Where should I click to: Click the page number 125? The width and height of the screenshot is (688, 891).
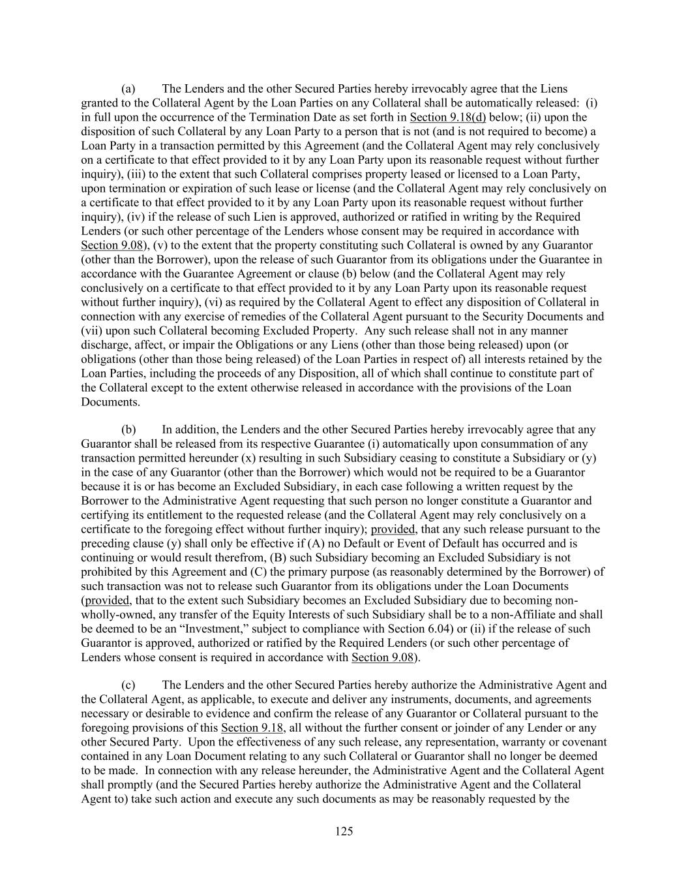pos(344,831)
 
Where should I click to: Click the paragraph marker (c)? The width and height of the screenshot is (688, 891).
pos(129,685)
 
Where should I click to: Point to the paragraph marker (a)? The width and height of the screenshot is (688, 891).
pos(128,89)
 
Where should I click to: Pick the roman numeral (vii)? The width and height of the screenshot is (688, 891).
pos(92,330)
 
